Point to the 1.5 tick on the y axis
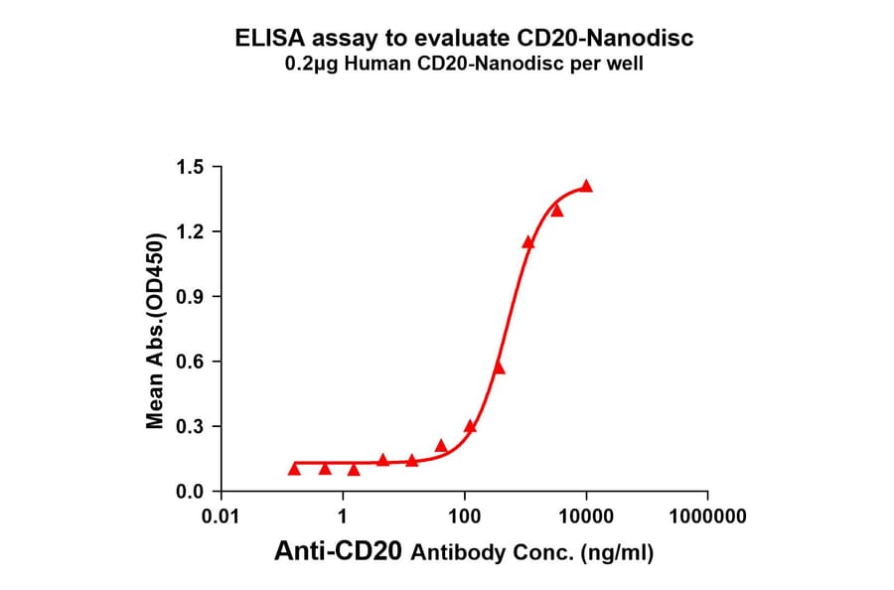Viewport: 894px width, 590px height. (x=190, y=167)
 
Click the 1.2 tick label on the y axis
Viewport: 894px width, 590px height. (x=190, y=231)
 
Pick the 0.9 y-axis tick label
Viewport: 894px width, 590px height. (x=190, y=297)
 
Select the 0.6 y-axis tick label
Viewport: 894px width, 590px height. (x=190, y=362)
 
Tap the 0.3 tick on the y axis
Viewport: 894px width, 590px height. (x=190, y=427)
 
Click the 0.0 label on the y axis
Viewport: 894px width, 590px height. (x=190, y=492)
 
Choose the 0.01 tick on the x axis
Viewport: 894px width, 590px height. (x=222, y=517)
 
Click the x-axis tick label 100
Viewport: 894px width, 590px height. (x=465, y=517)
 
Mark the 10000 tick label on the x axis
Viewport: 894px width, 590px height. (x=586, y=517)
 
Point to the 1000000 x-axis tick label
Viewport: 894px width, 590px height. (x=707, y=517)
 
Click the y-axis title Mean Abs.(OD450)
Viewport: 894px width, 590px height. (x=155, y=330)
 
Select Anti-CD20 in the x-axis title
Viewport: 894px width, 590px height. (x=339, y=552)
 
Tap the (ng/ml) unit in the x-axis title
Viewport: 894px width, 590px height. (x=617, y=553)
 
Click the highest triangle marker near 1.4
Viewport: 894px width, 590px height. (x=586, y=186)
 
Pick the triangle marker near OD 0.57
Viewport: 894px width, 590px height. (x=499, y=368)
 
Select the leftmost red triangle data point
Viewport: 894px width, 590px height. (x=294, y=468)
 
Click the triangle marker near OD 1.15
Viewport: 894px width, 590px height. (x=528, y=242)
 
